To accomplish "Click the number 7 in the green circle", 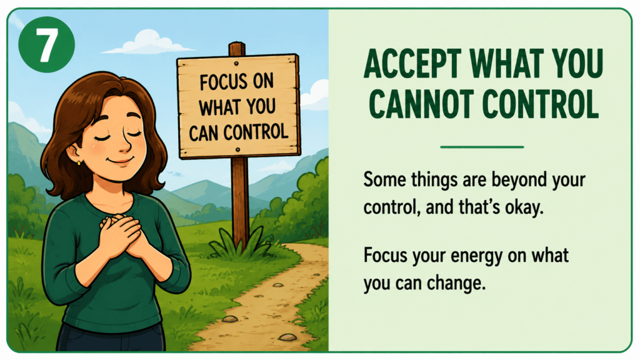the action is click(47, 45).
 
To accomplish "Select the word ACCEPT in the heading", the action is click(412, 64).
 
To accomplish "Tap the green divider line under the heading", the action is click(482, 147).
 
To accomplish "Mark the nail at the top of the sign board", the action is click(237, 64).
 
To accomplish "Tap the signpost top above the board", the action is click(237, 49).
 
